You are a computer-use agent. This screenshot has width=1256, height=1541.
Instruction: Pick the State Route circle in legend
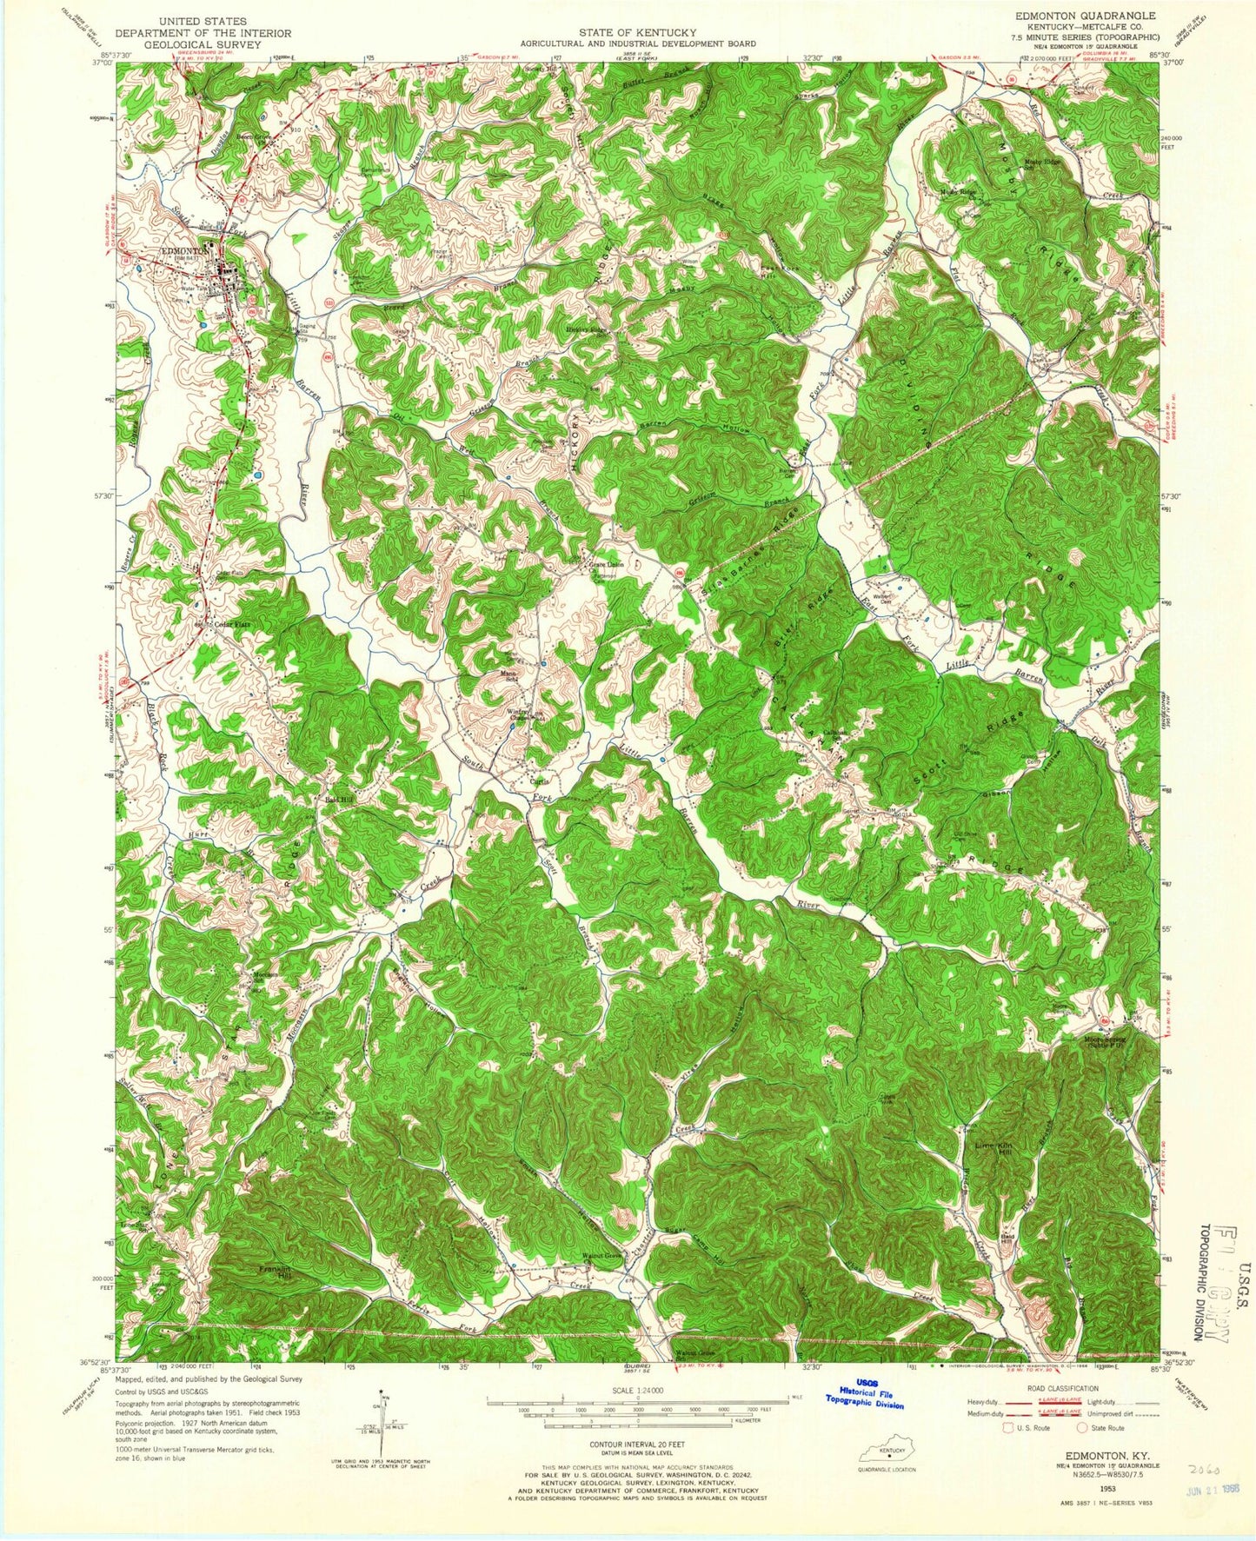coord(1081,1451)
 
